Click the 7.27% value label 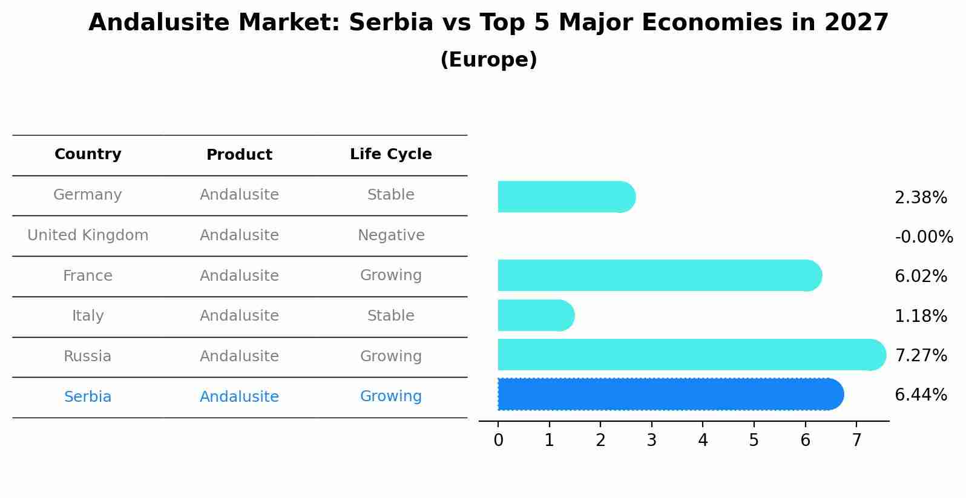921,355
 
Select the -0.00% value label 924,237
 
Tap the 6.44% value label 921,395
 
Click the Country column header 88,154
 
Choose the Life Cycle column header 391,154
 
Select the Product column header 239,155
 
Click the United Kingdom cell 88,235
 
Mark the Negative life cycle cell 391,235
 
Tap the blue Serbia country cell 88,397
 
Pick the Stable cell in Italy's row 391,316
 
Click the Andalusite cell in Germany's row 239,195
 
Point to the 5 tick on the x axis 754,441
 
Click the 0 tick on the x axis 498,441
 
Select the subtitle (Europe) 488,60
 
